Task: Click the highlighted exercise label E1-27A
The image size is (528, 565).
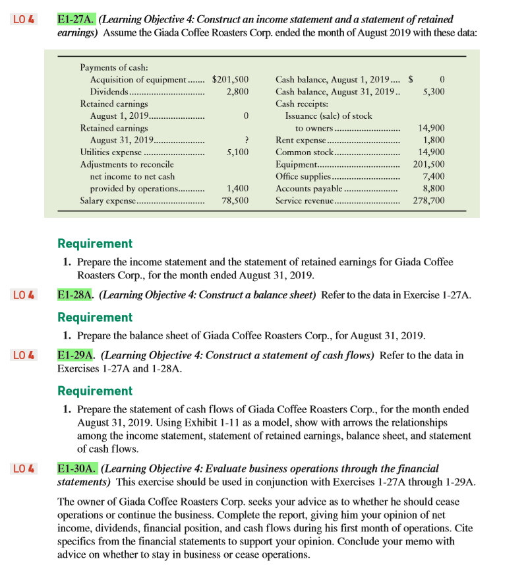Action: point(76,20)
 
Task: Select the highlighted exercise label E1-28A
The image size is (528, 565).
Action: point(76,294)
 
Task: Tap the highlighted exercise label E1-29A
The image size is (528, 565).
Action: point(76,356)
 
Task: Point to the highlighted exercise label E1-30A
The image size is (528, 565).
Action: point(76,469)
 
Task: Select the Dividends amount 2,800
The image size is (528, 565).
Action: point(237,92)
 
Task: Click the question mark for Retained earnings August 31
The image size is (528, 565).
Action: point(245,140)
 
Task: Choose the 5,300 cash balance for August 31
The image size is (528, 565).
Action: point(433,92)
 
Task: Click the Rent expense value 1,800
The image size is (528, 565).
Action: point(433,140)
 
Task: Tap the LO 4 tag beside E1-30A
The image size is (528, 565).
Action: point(24,469)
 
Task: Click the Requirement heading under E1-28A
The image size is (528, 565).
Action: point(95,317)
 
